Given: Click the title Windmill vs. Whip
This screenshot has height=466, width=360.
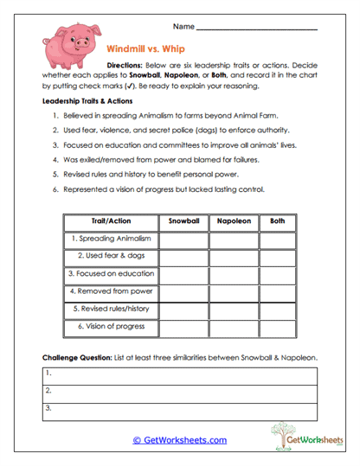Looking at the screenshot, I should tap(145, 49).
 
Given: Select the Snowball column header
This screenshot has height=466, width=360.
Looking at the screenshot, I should tap(183, 220).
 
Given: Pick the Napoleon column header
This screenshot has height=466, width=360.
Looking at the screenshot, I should tap(233, 220).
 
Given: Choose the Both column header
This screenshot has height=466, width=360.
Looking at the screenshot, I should tap(278, 220).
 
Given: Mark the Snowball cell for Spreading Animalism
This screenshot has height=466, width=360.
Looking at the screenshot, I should tap(183, 238).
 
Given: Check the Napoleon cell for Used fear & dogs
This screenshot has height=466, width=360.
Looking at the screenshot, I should tap(233, 256).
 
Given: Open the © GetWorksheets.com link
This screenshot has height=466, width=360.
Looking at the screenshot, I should tap(179, 440).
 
